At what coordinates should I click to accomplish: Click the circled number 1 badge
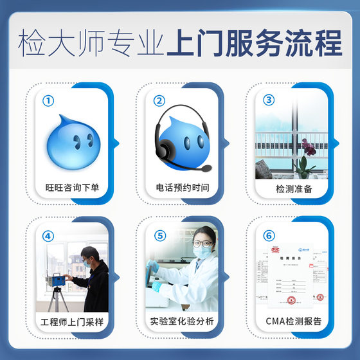pyautogui.click(x=48, y=101)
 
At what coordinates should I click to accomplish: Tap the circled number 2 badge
pyautogui.click(x=159, y=101)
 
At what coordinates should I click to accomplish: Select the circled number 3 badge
pyautogui.click(x=269, y=100)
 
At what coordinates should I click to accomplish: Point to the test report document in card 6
pyautogui.click(x=289, y=273)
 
